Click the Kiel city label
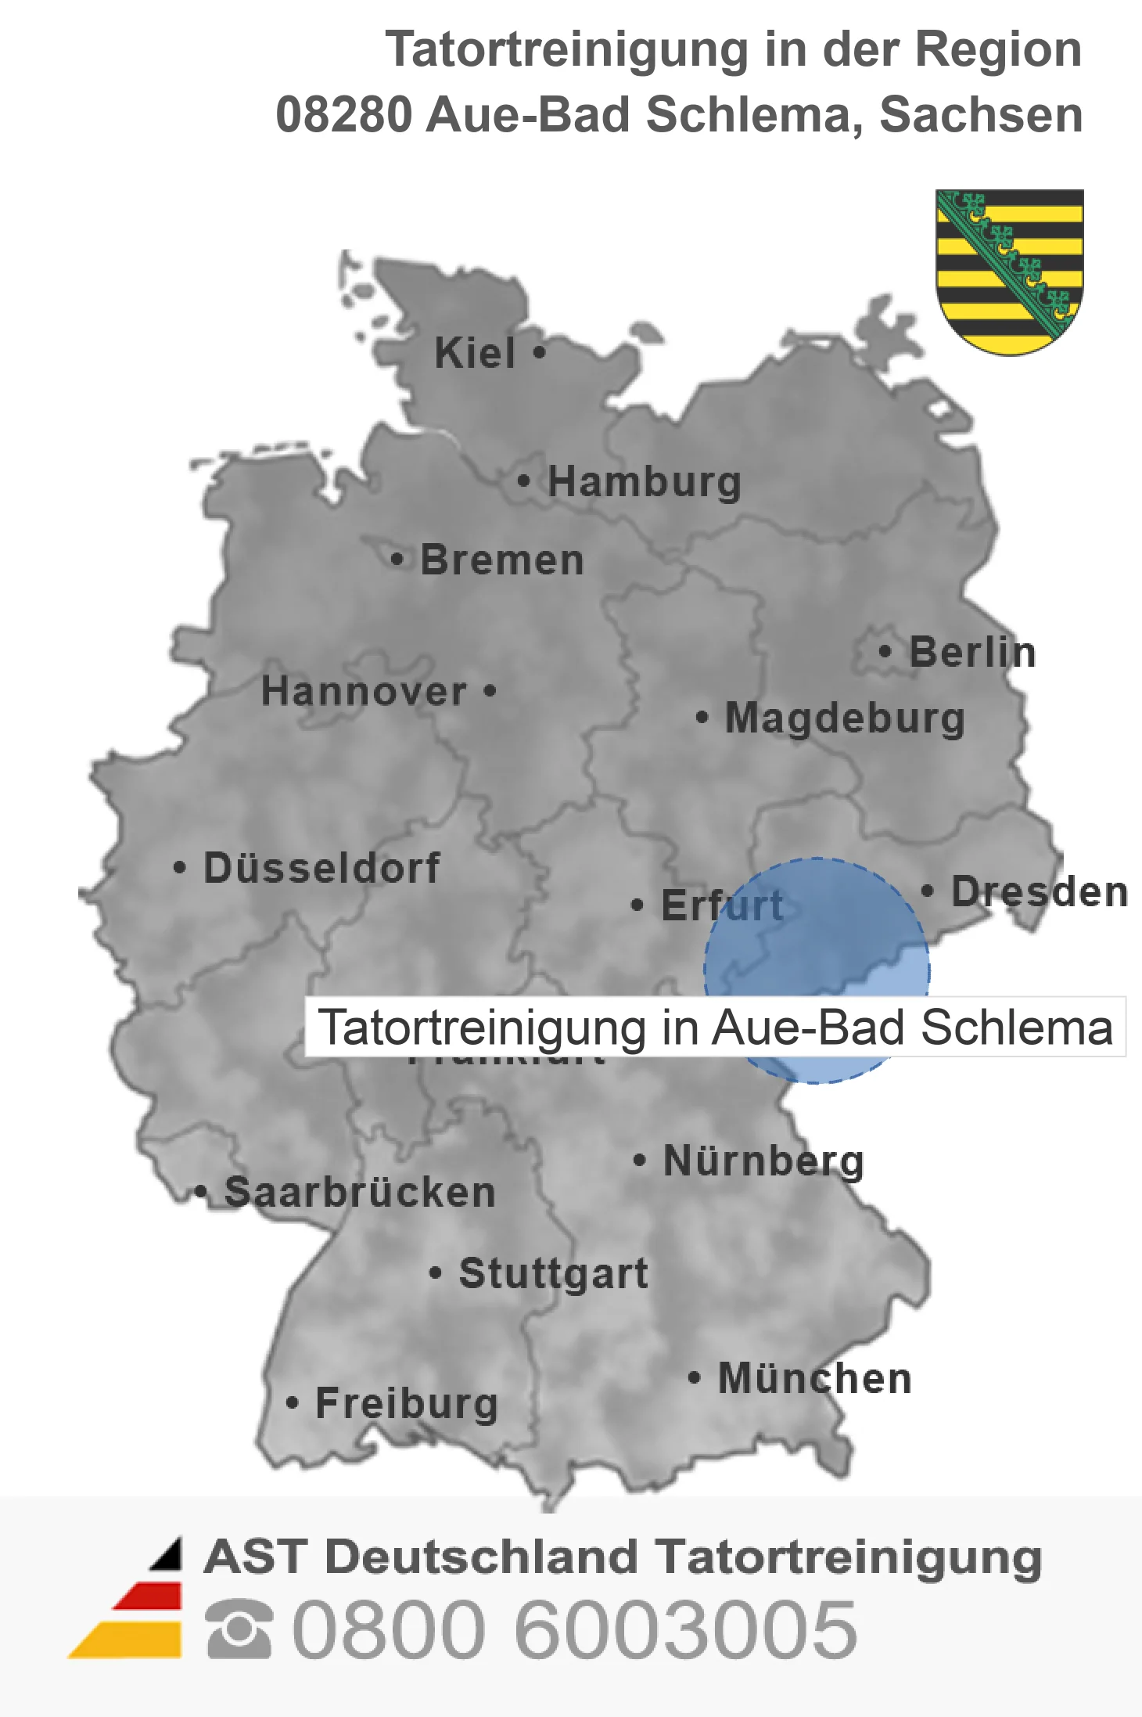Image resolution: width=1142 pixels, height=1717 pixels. click(x=475, y=353)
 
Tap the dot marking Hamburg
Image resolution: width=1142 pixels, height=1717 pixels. click(x=523, y=481)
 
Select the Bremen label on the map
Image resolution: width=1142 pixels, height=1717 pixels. click(x=502, y=560)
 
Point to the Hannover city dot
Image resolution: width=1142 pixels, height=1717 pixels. click(x=490, y=691)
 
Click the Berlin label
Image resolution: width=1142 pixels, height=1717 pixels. click(x=972, y=653)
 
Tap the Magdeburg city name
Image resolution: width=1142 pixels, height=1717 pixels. click(x=845, y=718)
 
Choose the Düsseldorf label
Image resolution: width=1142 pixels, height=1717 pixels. click(x=321, y=868)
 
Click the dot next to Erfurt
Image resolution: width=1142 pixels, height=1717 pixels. click(x=637, y=905)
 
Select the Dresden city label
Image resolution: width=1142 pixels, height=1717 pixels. click(x=1040, y=892)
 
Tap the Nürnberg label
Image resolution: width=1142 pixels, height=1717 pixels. click(x=763, y=1161)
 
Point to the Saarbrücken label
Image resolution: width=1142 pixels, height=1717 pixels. click(x=360, y=1193)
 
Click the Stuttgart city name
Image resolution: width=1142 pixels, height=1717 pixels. click(x=553, y=1273)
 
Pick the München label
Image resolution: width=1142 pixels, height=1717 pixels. click(x=815, y=1379)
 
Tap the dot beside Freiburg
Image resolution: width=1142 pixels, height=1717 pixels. click(x=292, y=1403)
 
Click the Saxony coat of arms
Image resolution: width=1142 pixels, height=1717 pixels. click(x=1009, y=270)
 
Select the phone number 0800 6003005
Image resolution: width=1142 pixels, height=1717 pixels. click(x=575, y=1630)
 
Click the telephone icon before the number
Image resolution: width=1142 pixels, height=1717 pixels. click(x=239, y=1629)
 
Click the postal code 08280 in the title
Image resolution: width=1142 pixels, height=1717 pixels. click(x=344, y=115)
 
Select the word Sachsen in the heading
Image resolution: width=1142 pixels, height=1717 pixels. click(x=981, y=115)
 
